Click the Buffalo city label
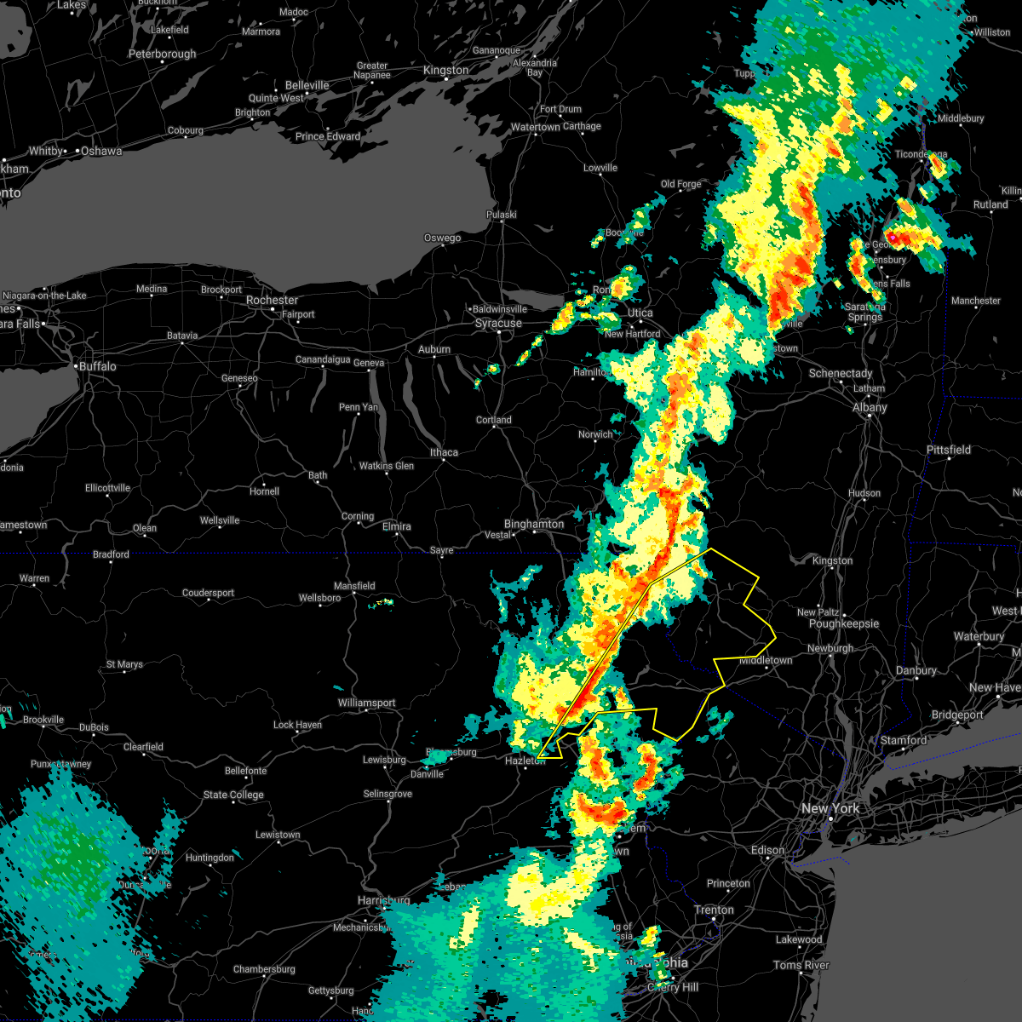98,366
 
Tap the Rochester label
272,301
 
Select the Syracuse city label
498,324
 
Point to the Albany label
870,408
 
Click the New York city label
830,808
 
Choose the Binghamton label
534,524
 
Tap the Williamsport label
366,703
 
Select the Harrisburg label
384,900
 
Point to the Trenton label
714,910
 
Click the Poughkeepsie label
844,624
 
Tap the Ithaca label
444,452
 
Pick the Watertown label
535,128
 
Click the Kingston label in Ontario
445,71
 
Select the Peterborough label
162,55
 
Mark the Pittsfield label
949,450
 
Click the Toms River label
801,965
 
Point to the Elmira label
397,527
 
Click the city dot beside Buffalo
76,367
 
